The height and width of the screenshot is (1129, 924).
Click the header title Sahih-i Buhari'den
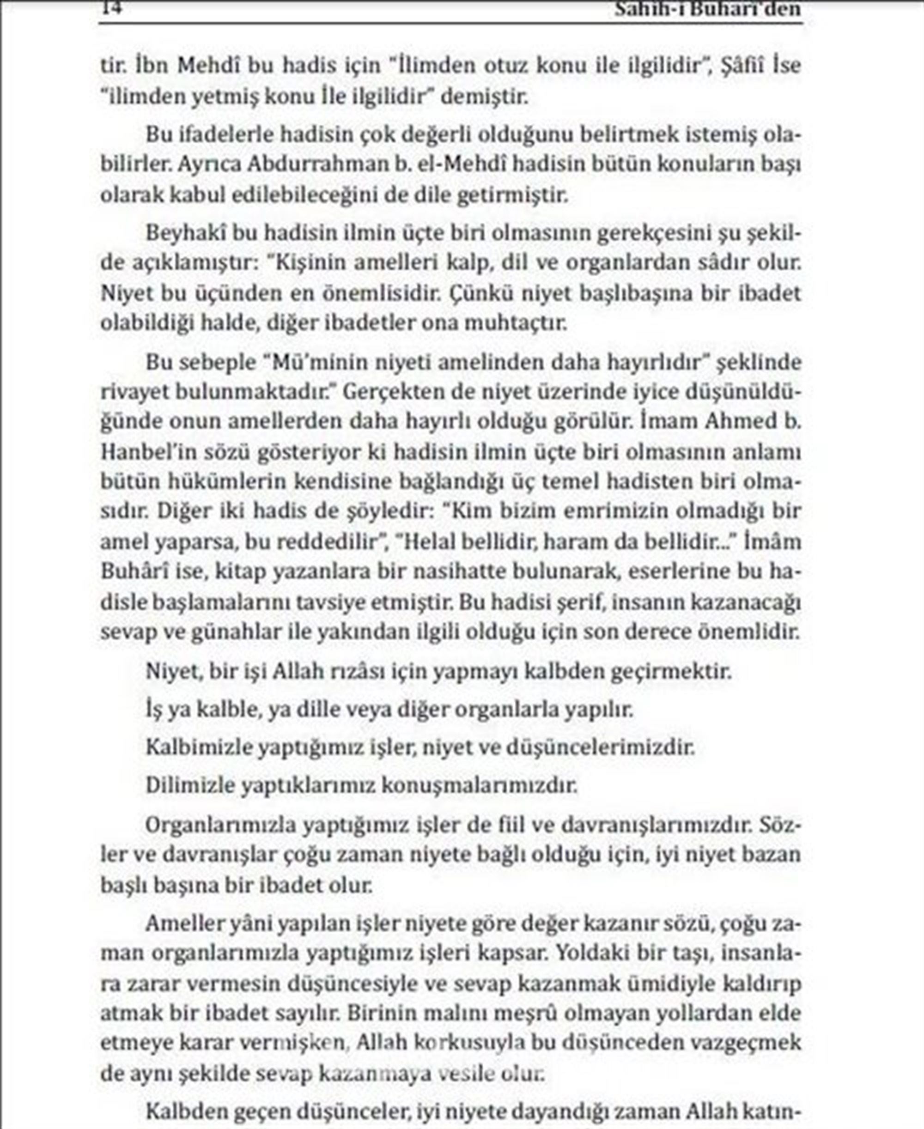click(x=707, y=8)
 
